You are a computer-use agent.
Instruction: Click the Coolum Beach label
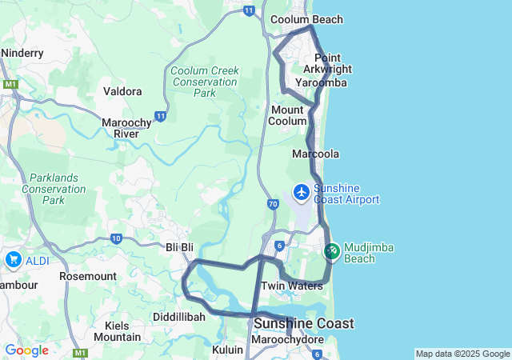click(306, 19)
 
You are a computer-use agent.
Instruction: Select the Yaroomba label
click(321, 82)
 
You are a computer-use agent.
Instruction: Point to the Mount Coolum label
click(288, 115)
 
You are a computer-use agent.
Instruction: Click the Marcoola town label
click(316, 154)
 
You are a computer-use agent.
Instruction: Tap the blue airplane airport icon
click(302, 193)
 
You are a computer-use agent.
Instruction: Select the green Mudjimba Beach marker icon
click(332, 251)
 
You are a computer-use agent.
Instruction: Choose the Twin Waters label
click(291, 286)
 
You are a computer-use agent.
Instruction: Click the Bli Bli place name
click(180, 248)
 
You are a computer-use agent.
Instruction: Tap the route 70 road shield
click(273, 205)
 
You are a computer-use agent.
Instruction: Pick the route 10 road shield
click(117, 238)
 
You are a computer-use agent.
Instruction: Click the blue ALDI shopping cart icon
click(13, 260)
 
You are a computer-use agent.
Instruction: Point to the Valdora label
click(122, 91)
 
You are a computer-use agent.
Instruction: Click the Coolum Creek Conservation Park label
click(205, 82)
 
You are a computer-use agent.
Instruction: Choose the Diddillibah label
click(179, 317)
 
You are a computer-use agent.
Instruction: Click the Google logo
click(26, 350)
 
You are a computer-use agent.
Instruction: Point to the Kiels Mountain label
click(117, 331)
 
